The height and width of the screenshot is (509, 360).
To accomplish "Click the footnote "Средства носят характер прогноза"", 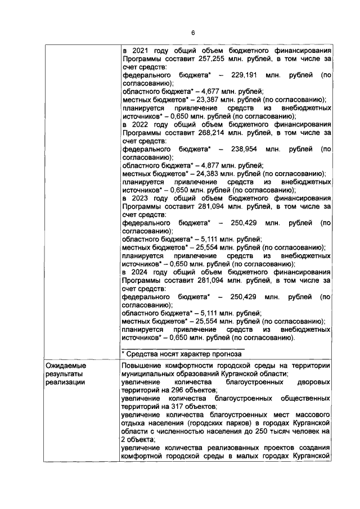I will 184,354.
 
